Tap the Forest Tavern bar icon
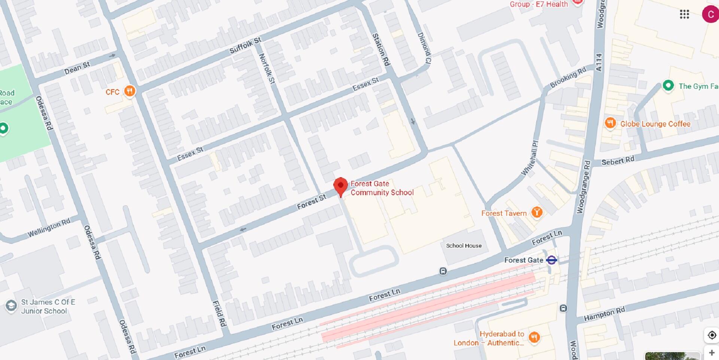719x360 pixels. pos(537,212)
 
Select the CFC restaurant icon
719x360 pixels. pos(130,91)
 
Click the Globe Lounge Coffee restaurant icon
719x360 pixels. pos(610,123)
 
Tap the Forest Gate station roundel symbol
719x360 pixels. pos(551,260)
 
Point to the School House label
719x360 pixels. pos(464,246)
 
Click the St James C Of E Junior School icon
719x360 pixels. pos(11,306)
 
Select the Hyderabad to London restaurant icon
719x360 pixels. pos(534,337)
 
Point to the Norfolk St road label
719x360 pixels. pos(267,69)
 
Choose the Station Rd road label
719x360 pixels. pos(381,49)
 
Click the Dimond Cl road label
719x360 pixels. pos(424,48)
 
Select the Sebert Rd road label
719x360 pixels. pos(618,161)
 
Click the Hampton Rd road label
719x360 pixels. pos(604,314)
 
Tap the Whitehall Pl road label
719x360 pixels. pos(530,158)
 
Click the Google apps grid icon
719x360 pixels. pos(684,14)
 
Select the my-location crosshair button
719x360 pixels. pos(712,335)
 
